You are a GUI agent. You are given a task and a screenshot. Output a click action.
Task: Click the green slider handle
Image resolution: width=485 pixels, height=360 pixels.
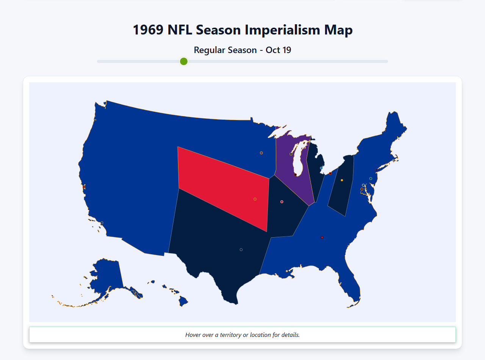pyautogui.click(x=184, y=61)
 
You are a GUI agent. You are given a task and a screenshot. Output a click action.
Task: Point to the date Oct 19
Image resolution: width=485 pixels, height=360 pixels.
pyautogui.click(x=278, y=50)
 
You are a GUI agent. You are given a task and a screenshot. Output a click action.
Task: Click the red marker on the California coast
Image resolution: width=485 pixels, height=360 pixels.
pyautogui.click(x=84, y=187)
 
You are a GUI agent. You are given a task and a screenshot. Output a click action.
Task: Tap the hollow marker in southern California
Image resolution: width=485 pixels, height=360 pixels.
pyautogui.click(x=102, y=223)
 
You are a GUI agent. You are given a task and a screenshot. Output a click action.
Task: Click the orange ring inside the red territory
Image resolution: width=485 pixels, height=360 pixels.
pyautogui.click(x=255, y=199)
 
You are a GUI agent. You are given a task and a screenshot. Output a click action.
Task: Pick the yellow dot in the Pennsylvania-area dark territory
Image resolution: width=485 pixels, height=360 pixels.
pyautogui.click(x=342, y=180)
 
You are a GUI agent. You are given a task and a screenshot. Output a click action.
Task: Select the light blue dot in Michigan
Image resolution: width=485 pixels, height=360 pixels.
pyautogui.click(x=321, y=168)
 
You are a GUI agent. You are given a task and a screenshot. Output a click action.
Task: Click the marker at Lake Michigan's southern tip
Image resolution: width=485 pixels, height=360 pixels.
pyautogui.click(x=296, y=175)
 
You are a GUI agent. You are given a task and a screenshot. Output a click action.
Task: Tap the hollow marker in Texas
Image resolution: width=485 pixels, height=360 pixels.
pyautogui.click(x=241, y=250)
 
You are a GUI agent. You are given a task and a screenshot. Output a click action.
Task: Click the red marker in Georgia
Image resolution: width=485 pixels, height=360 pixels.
pyautogui.click(x=322, y=237)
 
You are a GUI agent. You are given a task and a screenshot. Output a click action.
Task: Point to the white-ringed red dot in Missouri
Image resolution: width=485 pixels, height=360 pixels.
pyautogui.click(x=282, y=202)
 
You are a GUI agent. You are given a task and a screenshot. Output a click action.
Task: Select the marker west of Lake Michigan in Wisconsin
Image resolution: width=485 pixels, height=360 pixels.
pyautogui.click(x=291, y=154)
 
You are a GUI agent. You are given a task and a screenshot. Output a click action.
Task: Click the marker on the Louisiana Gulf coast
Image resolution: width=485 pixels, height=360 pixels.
pyautogui.click(x=287, y=271)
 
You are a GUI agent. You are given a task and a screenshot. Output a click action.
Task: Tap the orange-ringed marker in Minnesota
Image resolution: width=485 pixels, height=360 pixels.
pyautogui.click(x=261, y=153)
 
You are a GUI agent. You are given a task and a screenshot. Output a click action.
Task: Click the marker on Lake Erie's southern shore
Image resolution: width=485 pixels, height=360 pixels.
pyautogui.click(x=330, y=173)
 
